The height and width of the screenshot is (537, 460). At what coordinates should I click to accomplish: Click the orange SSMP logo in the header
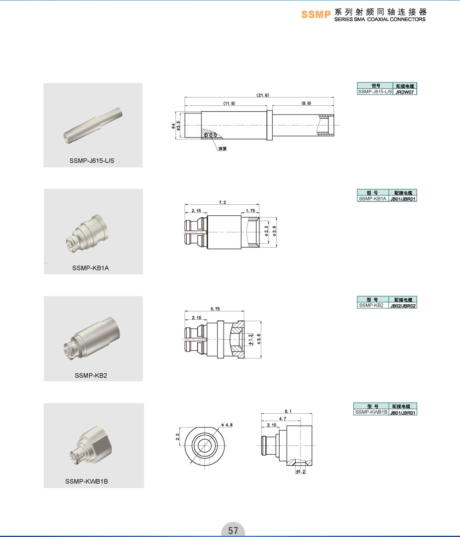316,14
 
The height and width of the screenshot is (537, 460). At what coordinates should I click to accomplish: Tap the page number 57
233,530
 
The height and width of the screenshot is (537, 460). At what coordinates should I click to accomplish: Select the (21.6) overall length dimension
263,95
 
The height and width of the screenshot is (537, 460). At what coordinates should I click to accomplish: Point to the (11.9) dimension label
230,103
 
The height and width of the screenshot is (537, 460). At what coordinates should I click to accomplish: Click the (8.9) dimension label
306,103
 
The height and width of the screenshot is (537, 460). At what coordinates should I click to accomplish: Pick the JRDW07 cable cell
404,92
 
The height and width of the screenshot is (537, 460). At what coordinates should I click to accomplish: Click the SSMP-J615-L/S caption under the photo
92,161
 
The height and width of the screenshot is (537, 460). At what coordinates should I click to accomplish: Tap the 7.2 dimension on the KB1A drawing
223,202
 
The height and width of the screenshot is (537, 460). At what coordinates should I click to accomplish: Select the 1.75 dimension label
250,211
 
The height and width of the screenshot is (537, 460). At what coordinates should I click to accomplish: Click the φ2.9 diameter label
274,231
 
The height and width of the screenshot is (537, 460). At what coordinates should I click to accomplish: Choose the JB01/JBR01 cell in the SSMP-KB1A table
403,199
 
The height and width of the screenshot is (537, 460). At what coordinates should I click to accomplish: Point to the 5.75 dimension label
215,309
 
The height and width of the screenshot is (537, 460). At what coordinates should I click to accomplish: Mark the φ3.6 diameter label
259,339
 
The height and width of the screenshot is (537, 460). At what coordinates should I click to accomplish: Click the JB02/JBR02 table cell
403,306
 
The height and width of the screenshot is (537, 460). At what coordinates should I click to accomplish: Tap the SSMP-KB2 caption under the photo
91,375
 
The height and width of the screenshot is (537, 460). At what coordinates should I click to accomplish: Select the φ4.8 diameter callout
227,425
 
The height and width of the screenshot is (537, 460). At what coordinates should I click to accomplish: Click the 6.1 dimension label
288,411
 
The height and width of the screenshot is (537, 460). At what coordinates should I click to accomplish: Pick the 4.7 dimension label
282,418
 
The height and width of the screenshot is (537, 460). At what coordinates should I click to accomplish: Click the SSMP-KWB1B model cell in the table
371,412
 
